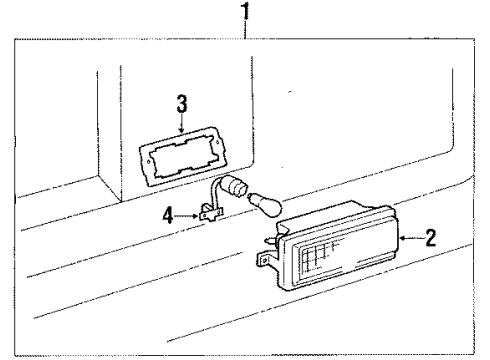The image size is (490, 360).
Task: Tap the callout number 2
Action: pos(431,238)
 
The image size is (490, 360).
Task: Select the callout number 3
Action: pos(181,102)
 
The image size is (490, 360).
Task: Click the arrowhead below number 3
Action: pos(181,132)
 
